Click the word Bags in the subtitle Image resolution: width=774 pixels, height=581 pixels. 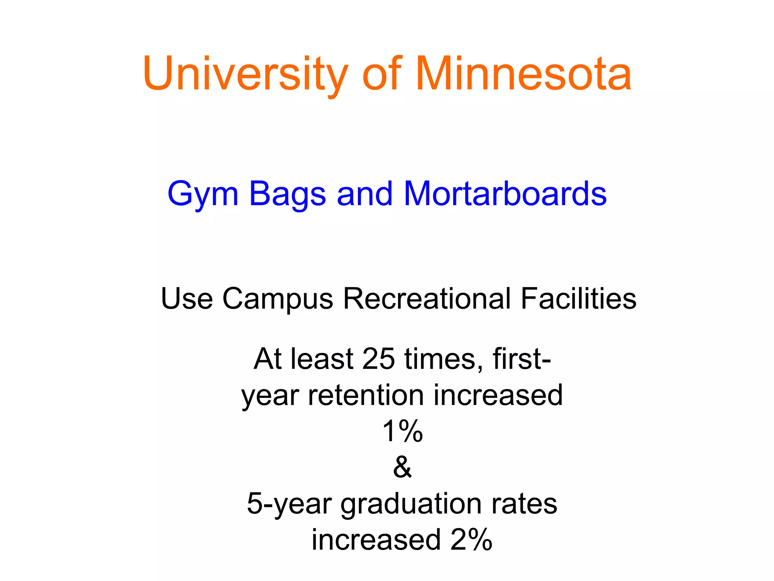pos(287,194)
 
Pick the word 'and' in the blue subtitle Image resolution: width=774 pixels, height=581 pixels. pos(365,194)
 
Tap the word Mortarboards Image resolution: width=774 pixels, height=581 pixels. pos(505,194)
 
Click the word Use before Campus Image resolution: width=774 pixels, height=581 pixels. pos(187,299)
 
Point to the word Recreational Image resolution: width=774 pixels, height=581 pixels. pos(427,299)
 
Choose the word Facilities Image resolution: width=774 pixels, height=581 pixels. pos(579,299)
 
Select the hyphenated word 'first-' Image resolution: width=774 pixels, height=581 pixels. pos(522,359)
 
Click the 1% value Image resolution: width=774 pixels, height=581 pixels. pos(402,431)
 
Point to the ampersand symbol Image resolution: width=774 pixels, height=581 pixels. pos(402,467)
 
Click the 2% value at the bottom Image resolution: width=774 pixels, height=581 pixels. pos(471,540)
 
